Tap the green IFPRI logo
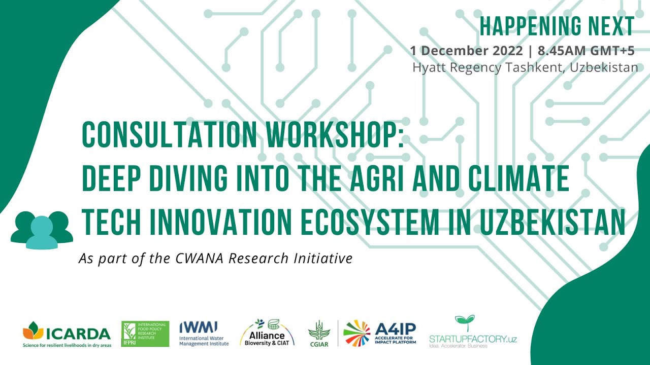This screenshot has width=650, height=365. pos(145,334)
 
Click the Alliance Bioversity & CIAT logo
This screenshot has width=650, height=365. pos(267,333)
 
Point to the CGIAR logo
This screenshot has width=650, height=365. pos(319,333)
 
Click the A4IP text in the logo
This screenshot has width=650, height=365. pos(396,328)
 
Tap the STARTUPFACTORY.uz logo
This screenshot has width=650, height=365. pos(472,333)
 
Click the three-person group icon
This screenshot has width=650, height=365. pos(42,229)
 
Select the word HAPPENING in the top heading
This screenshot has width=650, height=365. pos(528,26)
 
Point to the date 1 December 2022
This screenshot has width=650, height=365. pos(466,51)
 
